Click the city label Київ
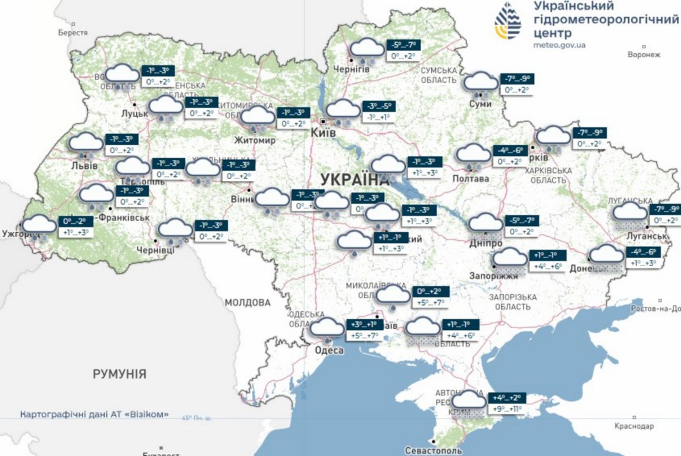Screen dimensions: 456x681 click(323, 133)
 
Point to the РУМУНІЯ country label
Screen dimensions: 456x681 click(120, 374)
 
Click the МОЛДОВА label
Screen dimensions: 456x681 click(247, 302)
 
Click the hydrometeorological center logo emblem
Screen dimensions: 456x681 click(507, 21)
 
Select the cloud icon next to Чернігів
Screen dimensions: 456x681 click(366, 48)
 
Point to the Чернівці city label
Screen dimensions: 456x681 click(156, 250)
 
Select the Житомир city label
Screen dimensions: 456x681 click(257, 141)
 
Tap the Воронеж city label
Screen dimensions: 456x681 click(644, 55)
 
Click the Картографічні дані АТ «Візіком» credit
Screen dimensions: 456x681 click(94, 414)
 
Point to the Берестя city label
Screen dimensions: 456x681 click(73, 33)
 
